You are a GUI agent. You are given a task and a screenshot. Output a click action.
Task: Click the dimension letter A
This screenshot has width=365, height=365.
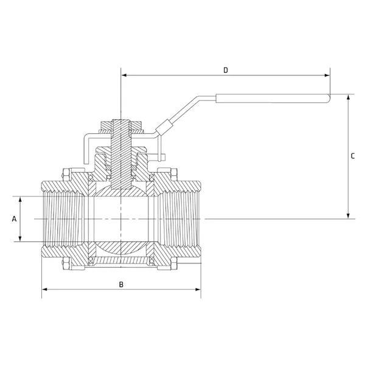[15, 219]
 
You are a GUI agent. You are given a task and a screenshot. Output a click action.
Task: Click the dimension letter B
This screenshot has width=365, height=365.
[121, 285]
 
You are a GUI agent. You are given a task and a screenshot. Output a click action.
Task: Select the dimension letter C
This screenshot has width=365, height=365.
[353, 156]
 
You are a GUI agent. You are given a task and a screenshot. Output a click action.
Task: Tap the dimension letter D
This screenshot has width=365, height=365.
[226, 70]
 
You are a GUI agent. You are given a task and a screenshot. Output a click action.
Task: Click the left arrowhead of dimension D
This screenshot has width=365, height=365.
[124, 75]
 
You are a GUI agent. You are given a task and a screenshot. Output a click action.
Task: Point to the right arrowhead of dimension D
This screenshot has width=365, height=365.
[327, 75]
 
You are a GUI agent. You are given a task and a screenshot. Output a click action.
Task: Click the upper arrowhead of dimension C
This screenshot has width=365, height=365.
[348, 97]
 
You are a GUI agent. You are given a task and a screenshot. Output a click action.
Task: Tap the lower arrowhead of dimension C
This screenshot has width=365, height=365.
[348, 216]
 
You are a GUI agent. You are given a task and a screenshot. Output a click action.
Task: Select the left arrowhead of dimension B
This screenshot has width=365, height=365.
[44, 290]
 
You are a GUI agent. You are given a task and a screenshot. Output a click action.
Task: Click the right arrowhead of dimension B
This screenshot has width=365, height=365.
[198, 290]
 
